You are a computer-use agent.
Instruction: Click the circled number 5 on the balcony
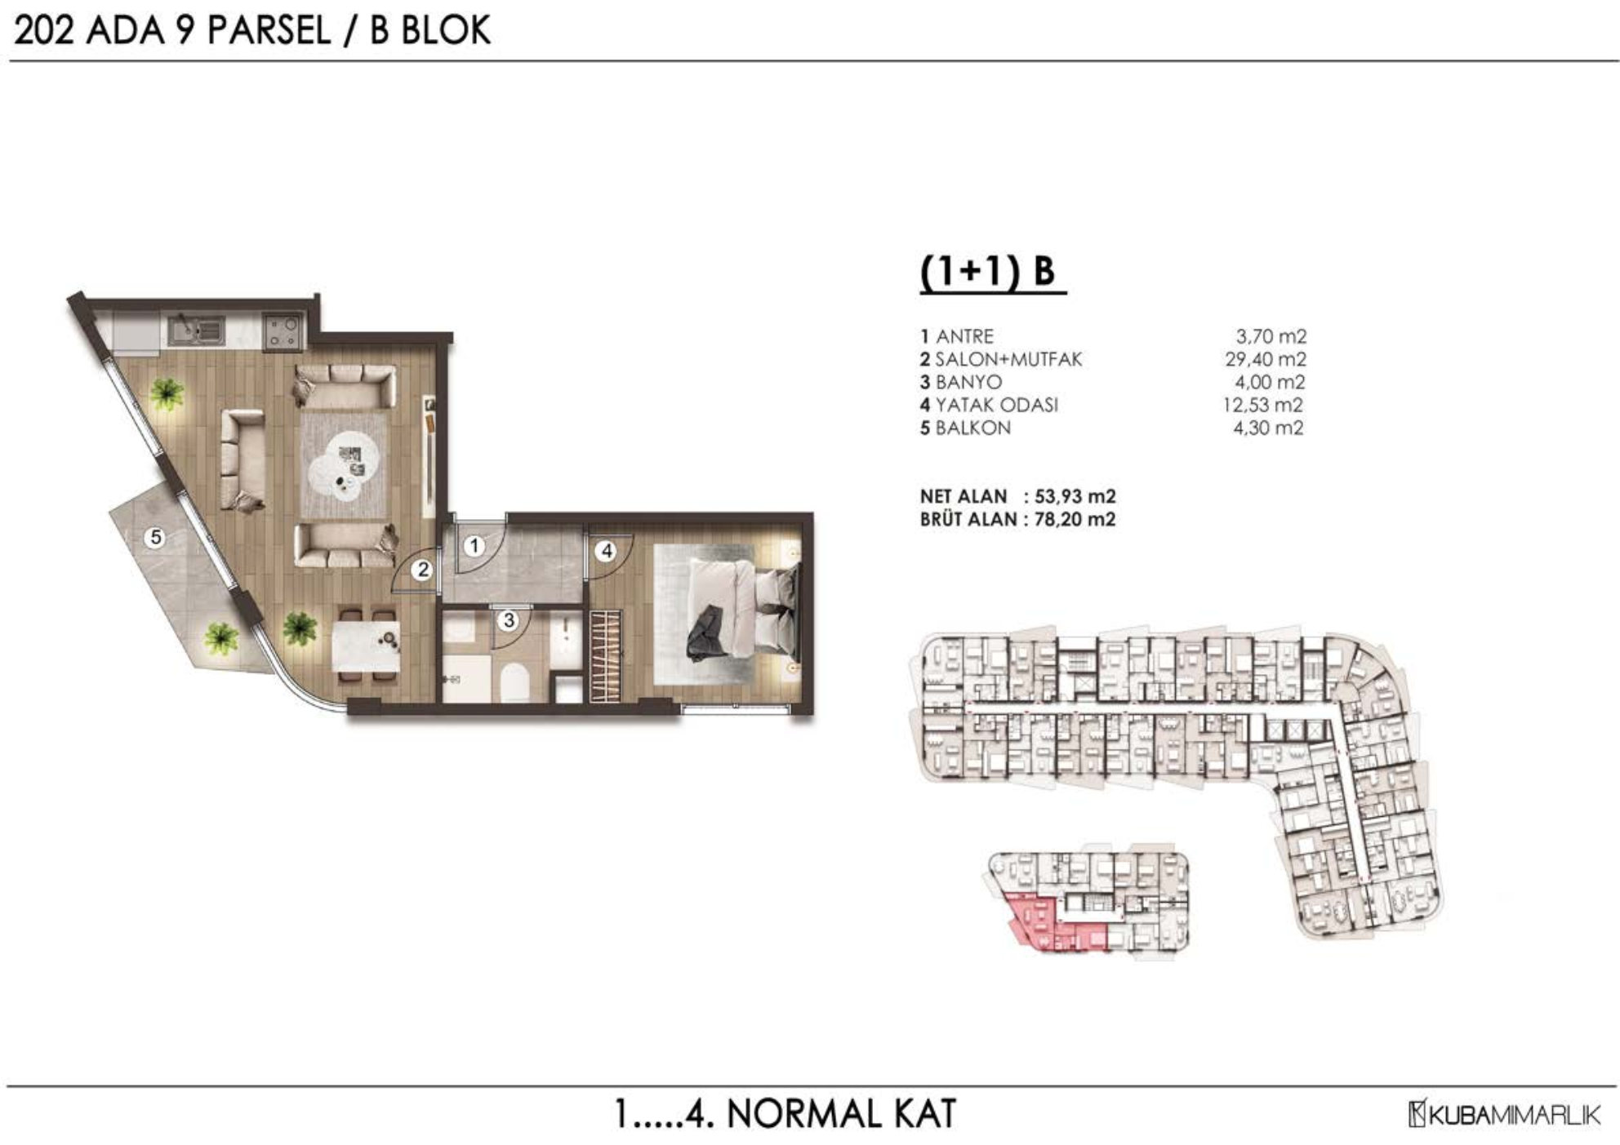(x=155, y=537)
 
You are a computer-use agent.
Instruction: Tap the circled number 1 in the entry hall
(x=474, y=546)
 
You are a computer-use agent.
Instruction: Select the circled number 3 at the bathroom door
(x=509, y=620)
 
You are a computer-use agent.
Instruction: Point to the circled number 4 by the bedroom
(x=606, y=552)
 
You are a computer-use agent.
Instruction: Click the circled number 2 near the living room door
(x=422, y=570)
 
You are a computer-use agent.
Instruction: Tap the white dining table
(x=365, y=646)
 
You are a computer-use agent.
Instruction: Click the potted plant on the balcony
(x=220, y=637)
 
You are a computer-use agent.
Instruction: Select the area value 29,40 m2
(x=1264, y=359)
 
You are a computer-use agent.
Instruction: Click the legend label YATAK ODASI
(x=997, y=405)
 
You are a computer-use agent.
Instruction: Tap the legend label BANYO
(x=968, y=382)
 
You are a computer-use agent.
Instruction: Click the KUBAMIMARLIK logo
(x=1504, y=1115)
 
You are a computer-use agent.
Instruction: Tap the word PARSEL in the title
(x=269, y=31)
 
